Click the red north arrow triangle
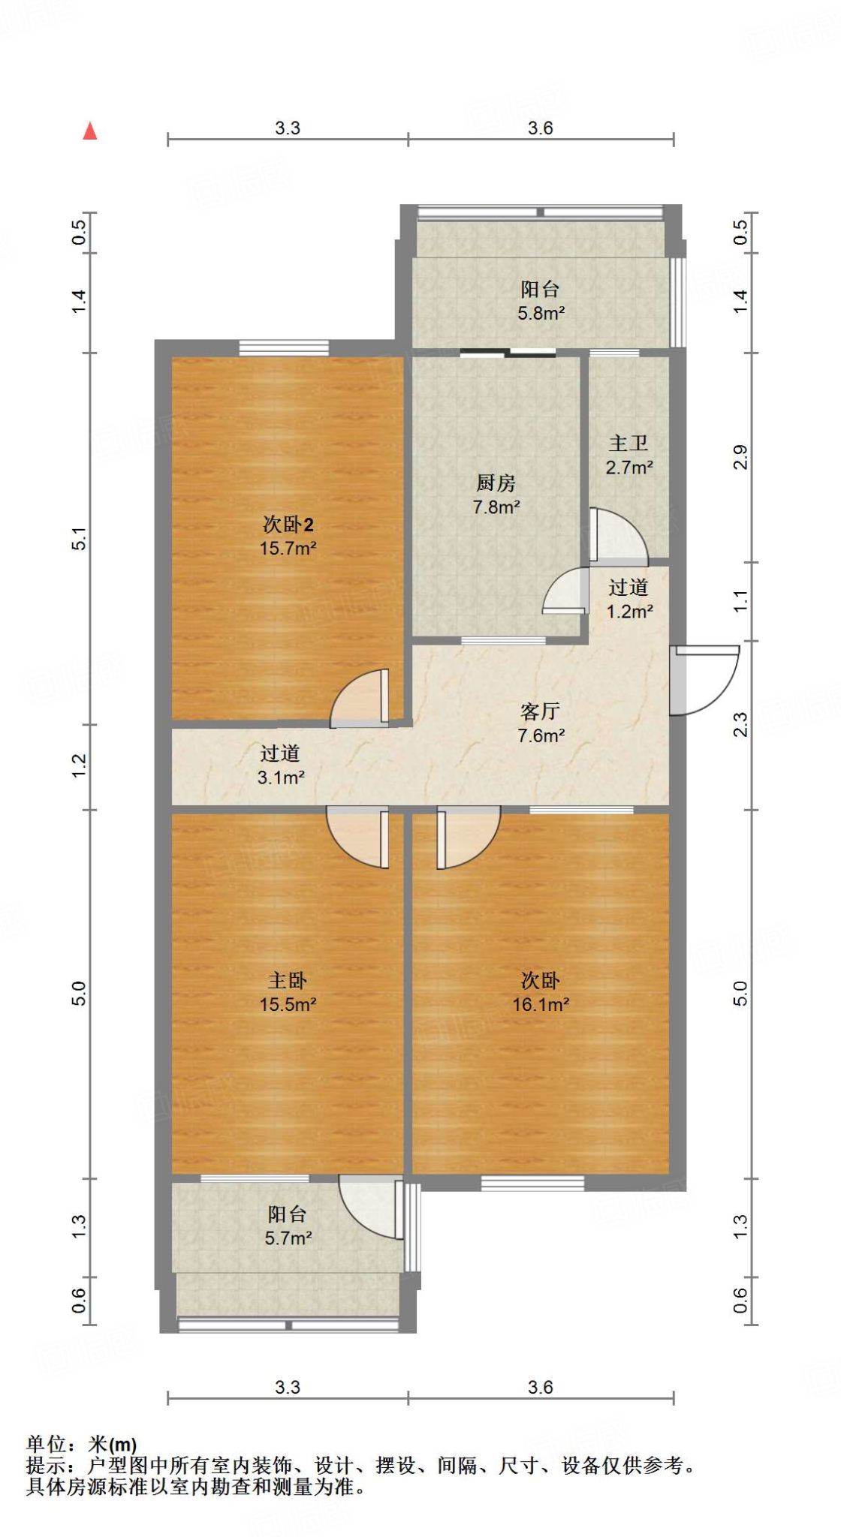tap(90, 131)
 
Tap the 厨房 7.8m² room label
tap(496, 495)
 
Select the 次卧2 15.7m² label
tap(288, 536)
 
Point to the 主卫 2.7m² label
tap(628, 456)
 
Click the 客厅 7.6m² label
tap(541, 723)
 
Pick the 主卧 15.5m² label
tap(288, 992)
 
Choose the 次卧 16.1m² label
tap(541, 992)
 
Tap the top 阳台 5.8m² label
tap(541, 301)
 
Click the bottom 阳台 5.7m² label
tap(288, 1226)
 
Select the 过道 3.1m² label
tap(280, 765)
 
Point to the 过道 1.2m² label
tap(628, 599)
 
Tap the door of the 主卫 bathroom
tap(617, 537)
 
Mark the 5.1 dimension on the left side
tap(80, 539)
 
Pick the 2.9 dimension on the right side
tap(740, 457)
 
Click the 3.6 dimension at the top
tap(540, 128)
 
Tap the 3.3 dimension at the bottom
tap(287, 1387)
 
